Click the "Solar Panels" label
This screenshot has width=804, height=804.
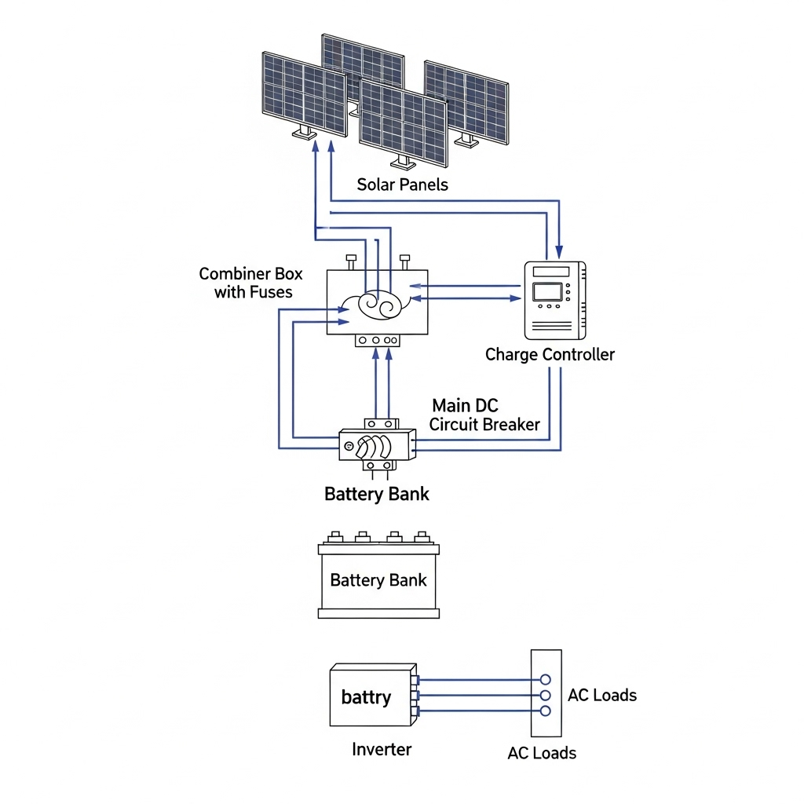click(402, 185)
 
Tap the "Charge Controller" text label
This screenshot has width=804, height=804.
click(550, 354)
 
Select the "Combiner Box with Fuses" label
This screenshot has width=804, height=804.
click(251, 283)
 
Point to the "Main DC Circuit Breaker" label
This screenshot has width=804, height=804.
click(484, 415)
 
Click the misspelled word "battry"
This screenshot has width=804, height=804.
click(366, 697)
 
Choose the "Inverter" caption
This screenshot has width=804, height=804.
click(382, 749)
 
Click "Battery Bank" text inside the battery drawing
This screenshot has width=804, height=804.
click(378, 580)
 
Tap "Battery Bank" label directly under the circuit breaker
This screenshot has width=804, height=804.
click(377, 494)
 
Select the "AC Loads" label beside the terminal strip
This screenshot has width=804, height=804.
click(602, 695)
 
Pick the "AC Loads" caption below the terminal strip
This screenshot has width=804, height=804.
click(542, 753)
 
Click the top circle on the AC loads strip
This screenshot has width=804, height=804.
click(546, 679)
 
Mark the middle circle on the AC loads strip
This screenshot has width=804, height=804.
click(546, 695)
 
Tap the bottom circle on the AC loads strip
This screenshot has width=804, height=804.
click(546, 711)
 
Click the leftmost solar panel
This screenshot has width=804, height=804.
click(304, 93)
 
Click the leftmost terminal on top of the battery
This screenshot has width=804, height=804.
click(334, 537)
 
